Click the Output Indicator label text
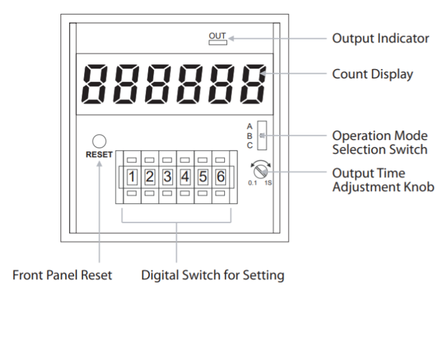pyautogui.click(x=380, y=39)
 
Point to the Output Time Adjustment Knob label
pyautogui.click(x=382, y=181)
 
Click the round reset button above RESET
pyautogui.click(x=99, y=141)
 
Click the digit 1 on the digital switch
pyautogui.click(x=132, y=175)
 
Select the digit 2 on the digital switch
pyautogui.click(x=149, y=175)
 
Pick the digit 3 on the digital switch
pyautogui.click(x=167, y=175)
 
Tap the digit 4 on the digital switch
pyautogui.click(x=184, y=175)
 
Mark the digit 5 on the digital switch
pyautogui.click(x=202, y=175)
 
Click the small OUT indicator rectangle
pyautogui.click(x=215, y=42)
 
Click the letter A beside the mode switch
pyautogui.click(x=250, y=126)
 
